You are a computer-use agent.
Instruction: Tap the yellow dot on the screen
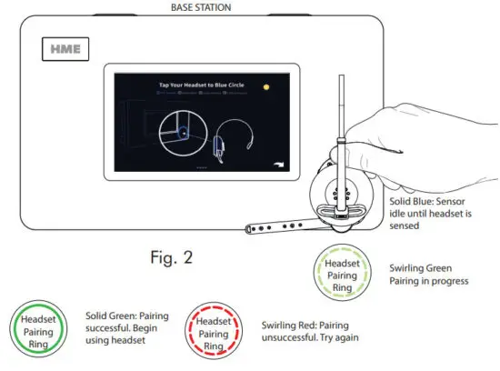click(x=267, y=88)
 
